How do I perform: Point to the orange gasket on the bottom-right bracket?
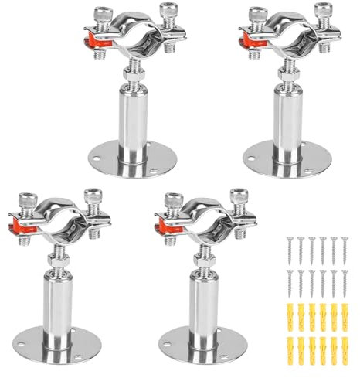(x=163, y=226)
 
